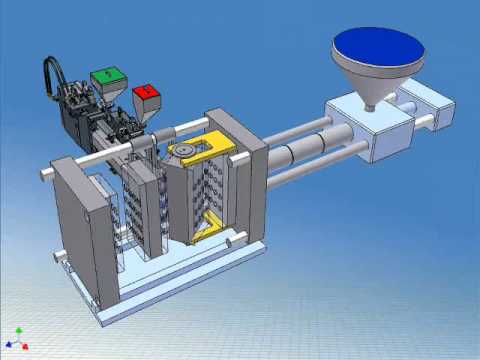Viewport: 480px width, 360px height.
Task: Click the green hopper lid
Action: (x=107, y=74)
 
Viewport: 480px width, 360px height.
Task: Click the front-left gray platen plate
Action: (x=80, y=225)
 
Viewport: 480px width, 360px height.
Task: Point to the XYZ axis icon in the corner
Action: (x=17, y=337)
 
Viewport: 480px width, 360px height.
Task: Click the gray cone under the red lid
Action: (x=147, y=110)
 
